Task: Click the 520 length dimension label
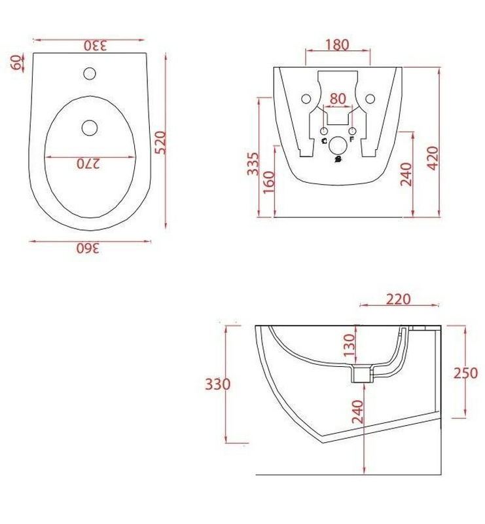(x=161, y=143)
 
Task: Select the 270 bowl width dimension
(x=88, y=164)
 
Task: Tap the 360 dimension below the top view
(x=88, y=248)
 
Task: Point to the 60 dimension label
(x=16, y=62)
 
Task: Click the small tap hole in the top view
(x=90, y=73)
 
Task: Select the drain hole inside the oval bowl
(x=90, y=128)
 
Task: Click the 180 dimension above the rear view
(x=336, y=45)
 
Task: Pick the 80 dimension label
(x=338, y=99)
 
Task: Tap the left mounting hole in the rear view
(x=306, y=99)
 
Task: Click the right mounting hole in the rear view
(x=370, y=99)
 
